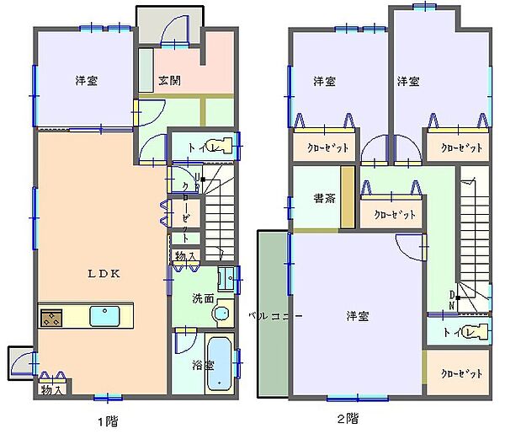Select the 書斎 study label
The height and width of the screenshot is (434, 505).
point(324,200)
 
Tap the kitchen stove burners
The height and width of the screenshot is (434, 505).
point(50,318)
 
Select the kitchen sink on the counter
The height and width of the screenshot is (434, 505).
point(105,317)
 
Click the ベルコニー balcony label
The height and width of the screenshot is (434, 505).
point(274,316)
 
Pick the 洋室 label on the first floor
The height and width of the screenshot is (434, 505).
point(85,82)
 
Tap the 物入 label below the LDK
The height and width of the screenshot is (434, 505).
point(50,390)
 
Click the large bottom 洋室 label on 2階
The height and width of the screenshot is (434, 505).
point(358,316)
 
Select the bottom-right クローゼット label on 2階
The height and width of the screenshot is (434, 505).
point(462,373)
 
